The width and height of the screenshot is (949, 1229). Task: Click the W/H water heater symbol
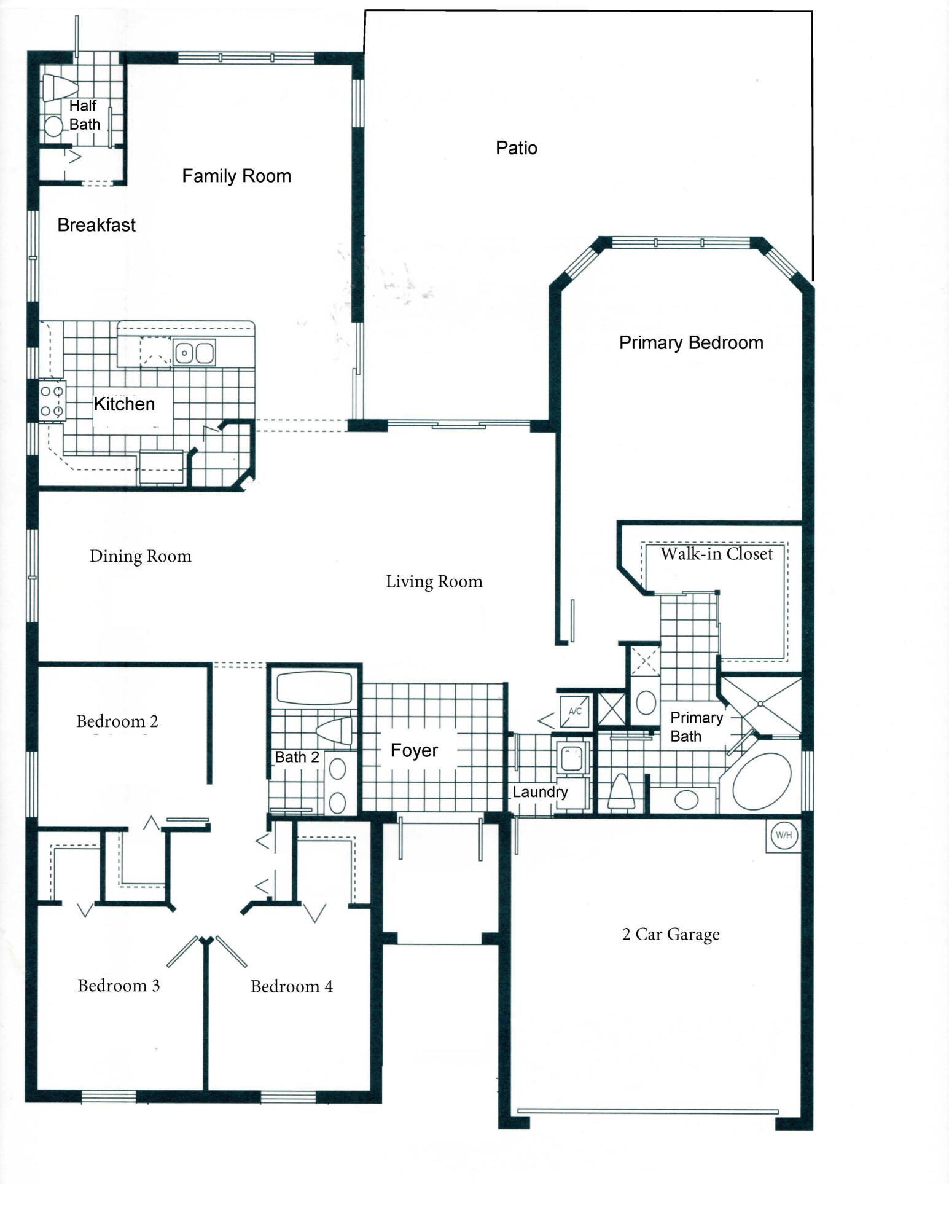pyautogui.click(x=784, y=835)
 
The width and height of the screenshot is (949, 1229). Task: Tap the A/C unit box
pyautogui.click(x=575, y=711)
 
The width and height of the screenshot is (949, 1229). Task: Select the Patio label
pyautogui.click(x=516, y=148)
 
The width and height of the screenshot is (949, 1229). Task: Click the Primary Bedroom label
pyautogui.click(x=691, y=342)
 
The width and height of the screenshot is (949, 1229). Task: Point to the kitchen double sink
pyautogui.click(x=194, y=353)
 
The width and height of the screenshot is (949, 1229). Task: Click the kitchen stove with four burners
pyautogui.click(x=52, y=401)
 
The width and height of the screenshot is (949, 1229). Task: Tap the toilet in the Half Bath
pyautogui.click(x=59, y=87)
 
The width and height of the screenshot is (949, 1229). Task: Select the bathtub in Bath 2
pyautogui.click(x=314, y=688)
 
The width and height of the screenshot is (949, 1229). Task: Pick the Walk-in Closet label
pyautogui.click(x=716, y=554)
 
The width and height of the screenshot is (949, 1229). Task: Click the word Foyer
pyautogui.click(x=414, y=750)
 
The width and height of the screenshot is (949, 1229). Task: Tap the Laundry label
pyautogui.click(x=540, y=792)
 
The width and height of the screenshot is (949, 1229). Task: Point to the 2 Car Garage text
pyautogui.click(x=670, y=934)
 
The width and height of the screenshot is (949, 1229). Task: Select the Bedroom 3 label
pyautogui.click(x=119, y=986)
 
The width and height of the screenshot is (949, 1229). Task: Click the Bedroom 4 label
pyautogui.click(x=292, y=986)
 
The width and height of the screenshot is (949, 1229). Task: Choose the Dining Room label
pyautogui.click(x=140, y=556)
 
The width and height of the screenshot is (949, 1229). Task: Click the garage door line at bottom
pyautogui.click(x=647, y=1111)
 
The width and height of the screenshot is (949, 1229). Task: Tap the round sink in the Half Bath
pyautogui.click(x=54, y=126)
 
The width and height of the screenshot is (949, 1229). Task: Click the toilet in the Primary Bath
pyautogui.click(x=620, y=792)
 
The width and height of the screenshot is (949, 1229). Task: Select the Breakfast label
pyautogui.click(x=96, y=225)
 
